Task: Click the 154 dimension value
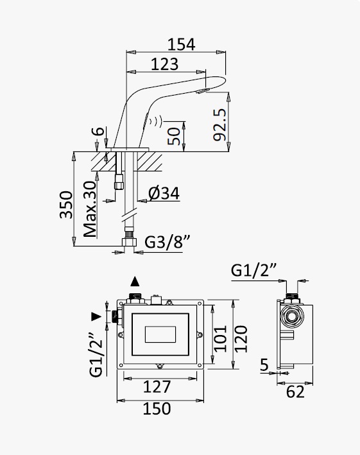182,44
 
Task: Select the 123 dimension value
165,64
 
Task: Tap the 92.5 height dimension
219,124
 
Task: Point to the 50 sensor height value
174,137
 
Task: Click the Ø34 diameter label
164,193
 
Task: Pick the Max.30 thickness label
90,209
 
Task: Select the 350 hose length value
66,205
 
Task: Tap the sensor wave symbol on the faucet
157,121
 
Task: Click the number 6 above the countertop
99,131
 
